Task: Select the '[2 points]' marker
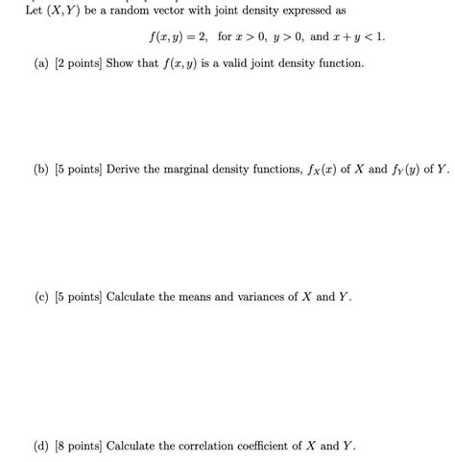(56, 62)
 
